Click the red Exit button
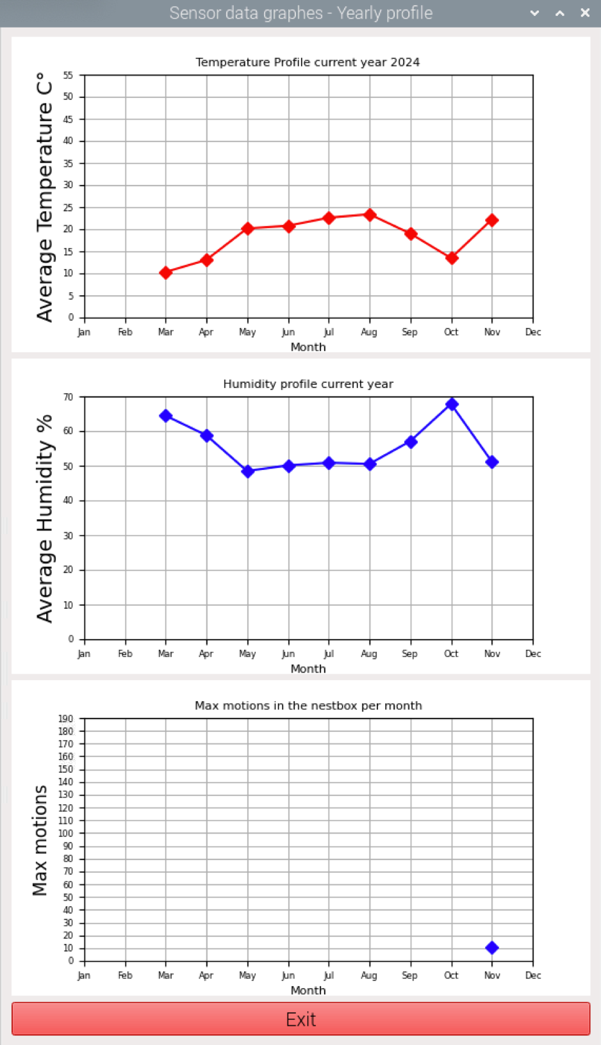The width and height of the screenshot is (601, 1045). coord(300,1019)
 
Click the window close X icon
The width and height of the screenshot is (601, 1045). coord(585,13)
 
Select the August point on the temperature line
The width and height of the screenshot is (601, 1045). coord(370,215)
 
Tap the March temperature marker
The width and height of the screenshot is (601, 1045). coord(166,273)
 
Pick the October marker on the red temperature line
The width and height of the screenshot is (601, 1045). coord(452,258)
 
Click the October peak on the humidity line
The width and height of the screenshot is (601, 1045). coord(452,404)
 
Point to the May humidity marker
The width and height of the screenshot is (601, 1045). coord(248,471)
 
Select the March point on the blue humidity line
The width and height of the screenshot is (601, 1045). coord(166,416)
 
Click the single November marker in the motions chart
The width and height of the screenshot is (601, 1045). coord(492,948)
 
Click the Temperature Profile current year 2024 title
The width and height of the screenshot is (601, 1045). coord(308,62)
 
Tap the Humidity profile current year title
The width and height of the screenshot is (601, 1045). coord(308,384)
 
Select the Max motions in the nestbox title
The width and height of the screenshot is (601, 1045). coord(308,706)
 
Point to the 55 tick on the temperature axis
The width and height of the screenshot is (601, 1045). coord(69,76)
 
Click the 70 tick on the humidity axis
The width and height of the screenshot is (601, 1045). coord(69,397)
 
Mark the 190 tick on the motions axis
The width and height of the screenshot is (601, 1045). coord(67,719)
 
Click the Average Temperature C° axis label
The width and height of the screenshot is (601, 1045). coord(45,197)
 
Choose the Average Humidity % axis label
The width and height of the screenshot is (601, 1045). coord(45,519)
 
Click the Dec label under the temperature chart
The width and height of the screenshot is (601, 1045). coord(533,332)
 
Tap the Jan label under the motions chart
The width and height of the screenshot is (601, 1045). coord(84,975)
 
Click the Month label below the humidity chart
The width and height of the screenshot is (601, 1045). coord(308,668)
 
